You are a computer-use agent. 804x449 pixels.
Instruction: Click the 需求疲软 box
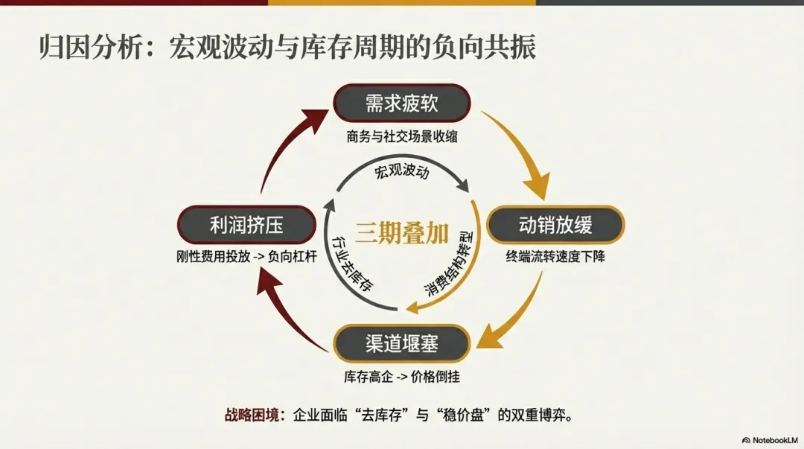click(401, 104)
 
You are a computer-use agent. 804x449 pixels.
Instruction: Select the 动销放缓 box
click(555, 224)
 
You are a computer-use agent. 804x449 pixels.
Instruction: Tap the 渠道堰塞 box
click(401, 344)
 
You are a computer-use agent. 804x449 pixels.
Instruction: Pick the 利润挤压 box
click(246, 224)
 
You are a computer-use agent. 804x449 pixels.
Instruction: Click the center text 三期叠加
click(401, 233)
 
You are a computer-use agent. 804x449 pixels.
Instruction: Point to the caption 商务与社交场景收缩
click(401, 136)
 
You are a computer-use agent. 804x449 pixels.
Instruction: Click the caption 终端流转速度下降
click(555, 258)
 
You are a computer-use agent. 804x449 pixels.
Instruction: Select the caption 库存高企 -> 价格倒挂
click(401, 377)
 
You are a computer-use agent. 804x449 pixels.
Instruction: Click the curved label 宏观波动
click(402, 173)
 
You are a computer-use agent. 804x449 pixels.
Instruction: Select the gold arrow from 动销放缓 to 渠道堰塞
click(517, 305)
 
